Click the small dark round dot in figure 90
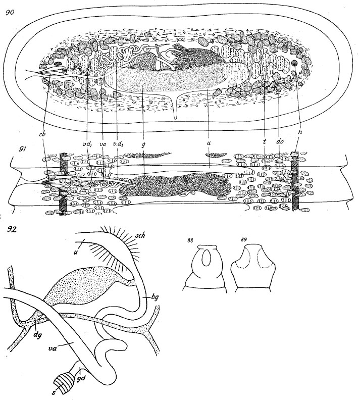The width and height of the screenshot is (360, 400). point(294,64)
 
